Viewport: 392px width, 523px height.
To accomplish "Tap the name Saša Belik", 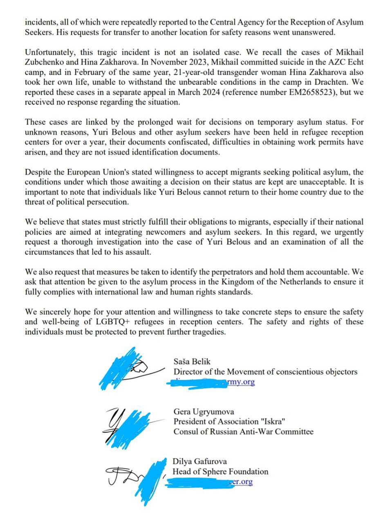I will click(192, 361).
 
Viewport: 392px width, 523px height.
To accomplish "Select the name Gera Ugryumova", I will click(204, 411).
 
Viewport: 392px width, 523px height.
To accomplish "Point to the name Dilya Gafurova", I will click(199, 461).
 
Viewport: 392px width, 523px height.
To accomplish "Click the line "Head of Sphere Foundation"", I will click(220, 472).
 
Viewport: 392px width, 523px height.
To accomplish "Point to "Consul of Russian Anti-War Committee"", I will click(243, 431).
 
